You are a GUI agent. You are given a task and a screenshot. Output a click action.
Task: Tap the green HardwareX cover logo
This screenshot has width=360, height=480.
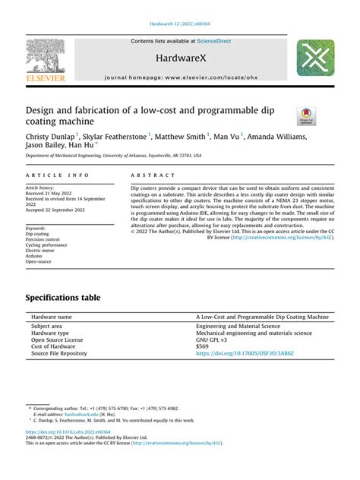315,58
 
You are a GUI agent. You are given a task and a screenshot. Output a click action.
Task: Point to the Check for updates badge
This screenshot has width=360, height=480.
306,115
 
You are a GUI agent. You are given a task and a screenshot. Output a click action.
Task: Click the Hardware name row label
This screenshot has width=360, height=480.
52,316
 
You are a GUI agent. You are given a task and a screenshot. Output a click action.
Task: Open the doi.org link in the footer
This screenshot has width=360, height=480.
67,451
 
